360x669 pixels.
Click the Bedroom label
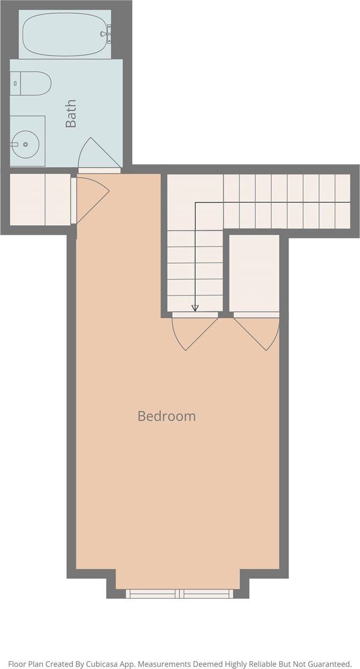point(167,416)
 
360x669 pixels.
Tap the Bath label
point(71,114)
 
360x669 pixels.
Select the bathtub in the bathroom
point(65,34)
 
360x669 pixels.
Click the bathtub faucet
point(106,34)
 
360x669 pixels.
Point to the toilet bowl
point(36,84)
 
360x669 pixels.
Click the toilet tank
point(15,84)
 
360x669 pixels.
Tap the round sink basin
point(26,144)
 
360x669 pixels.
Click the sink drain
point(26,144)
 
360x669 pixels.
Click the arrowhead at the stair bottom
point(195,308)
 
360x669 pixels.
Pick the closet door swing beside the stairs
point(257,333)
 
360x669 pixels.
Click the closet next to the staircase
point(254,273)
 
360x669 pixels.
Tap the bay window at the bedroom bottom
point(179,594)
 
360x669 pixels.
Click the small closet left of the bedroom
point(40,200)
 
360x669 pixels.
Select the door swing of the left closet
point(93,200)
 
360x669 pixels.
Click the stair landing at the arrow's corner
point(195,202)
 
